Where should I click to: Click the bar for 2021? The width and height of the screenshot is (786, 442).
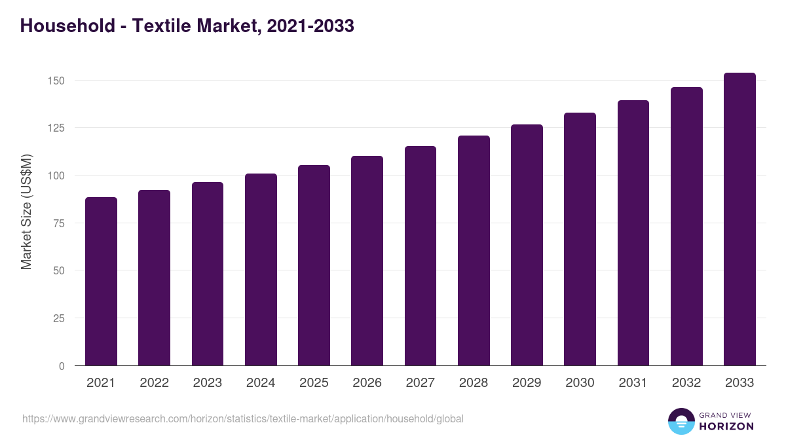[x=101, y=282]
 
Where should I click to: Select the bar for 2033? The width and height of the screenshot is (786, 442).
[x=739, y=219]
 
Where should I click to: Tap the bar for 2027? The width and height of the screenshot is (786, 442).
[x=421, y=256]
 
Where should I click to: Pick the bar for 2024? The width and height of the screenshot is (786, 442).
[x=261, y=270]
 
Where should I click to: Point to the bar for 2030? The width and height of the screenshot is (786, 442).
[x=580, y=239]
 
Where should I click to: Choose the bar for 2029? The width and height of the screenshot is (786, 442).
[x=527, y=245]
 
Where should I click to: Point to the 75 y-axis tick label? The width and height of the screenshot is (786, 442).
[x=59, y=223]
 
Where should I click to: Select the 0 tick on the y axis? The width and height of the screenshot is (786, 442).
[x=62, y=366]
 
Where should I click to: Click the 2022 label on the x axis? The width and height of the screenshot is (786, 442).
[x=154, y=383]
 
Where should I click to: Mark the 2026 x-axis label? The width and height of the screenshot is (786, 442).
[x=367, y=383]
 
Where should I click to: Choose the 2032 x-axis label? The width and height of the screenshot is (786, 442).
[x=686, y=383]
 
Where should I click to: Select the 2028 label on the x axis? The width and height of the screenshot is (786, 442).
[x=474, y=383]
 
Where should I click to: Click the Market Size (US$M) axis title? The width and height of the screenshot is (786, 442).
[x=26, y=212]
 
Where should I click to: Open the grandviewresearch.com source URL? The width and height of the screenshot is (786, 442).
[x=243, y=418]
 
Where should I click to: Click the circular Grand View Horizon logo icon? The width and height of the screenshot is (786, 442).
[x=681, y=421]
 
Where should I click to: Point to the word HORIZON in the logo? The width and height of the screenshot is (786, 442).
[x=726, y=426]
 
